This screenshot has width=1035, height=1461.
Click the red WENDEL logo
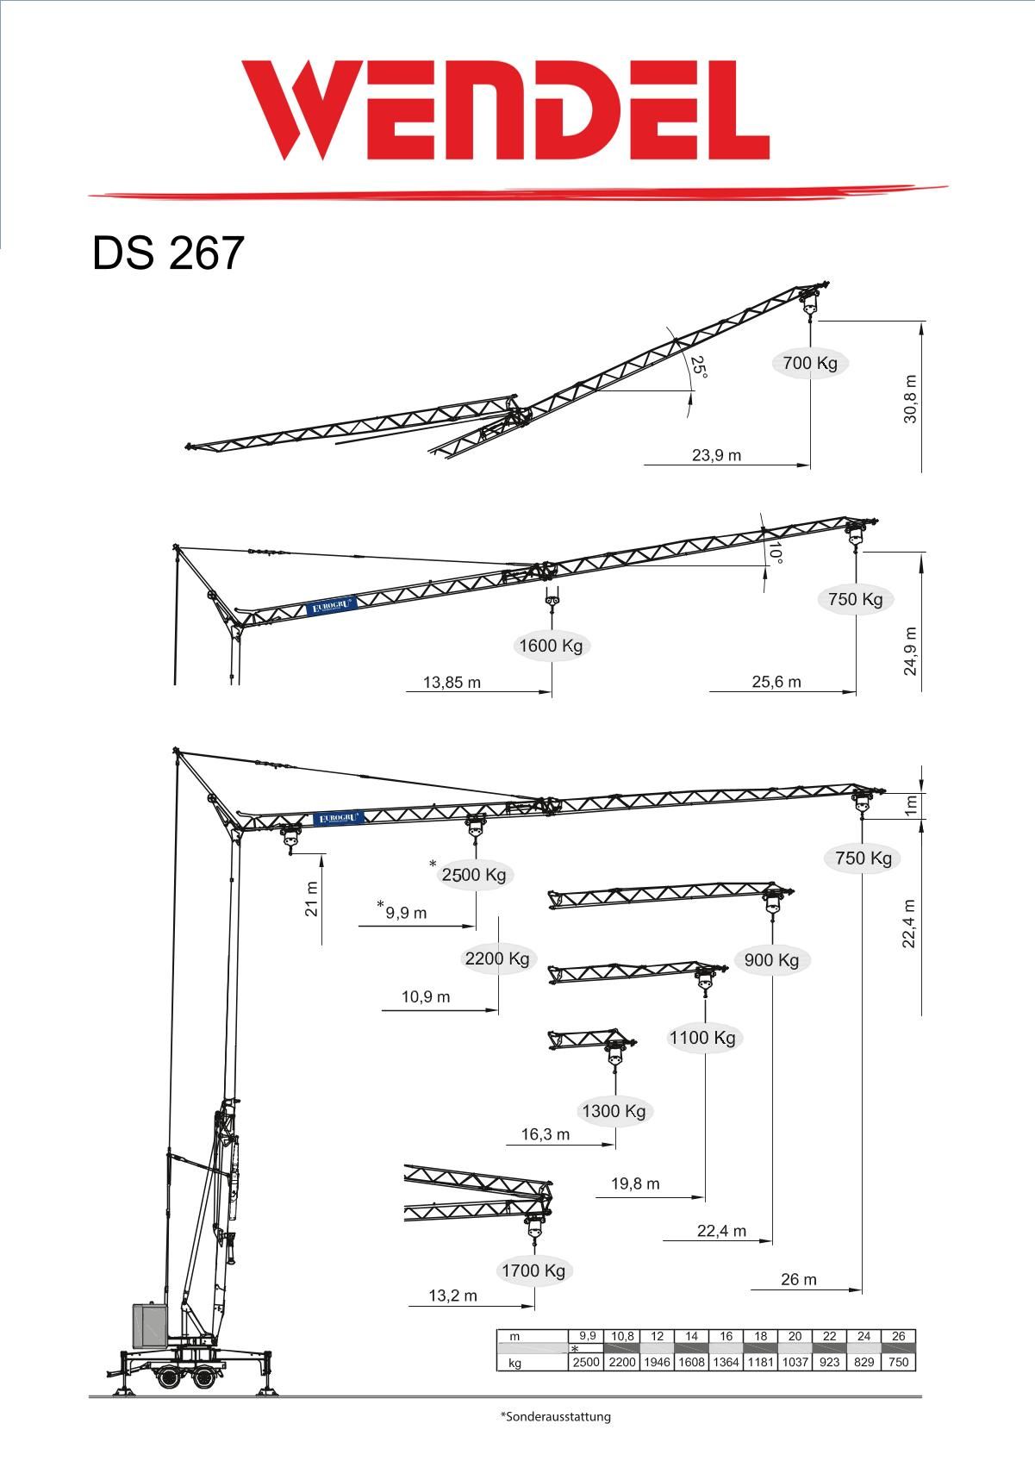505,110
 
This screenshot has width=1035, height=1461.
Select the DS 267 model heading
167,253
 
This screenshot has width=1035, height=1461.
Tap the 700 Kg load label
809,363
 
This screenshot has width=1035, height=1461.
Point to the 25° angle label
699,366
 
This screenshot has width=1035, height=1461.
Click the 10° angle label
775,553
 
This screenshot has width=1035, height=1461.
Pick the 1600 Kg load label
551,646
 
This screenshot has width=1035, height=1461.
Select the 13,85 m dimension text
452,683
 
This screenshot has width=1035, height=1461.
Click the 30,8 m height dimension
910,398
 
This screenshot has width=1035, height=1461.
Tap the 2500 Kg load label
473,875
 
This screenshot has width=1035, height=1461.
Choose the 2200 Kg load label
497,958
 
